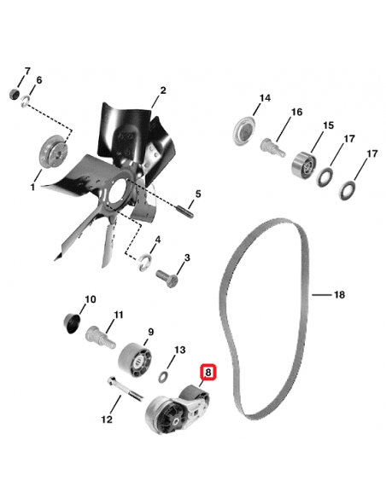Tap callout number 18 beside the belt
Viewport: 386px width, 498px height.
[339, 295]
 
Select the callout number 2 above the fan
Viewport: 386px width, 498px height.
[163, 90]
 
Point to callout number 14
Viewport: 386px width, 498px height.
[265, 98]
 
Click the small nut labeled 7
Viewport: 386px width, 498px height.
[15, 92]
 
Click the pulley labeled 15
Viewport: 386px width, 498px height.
[303, 161]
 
